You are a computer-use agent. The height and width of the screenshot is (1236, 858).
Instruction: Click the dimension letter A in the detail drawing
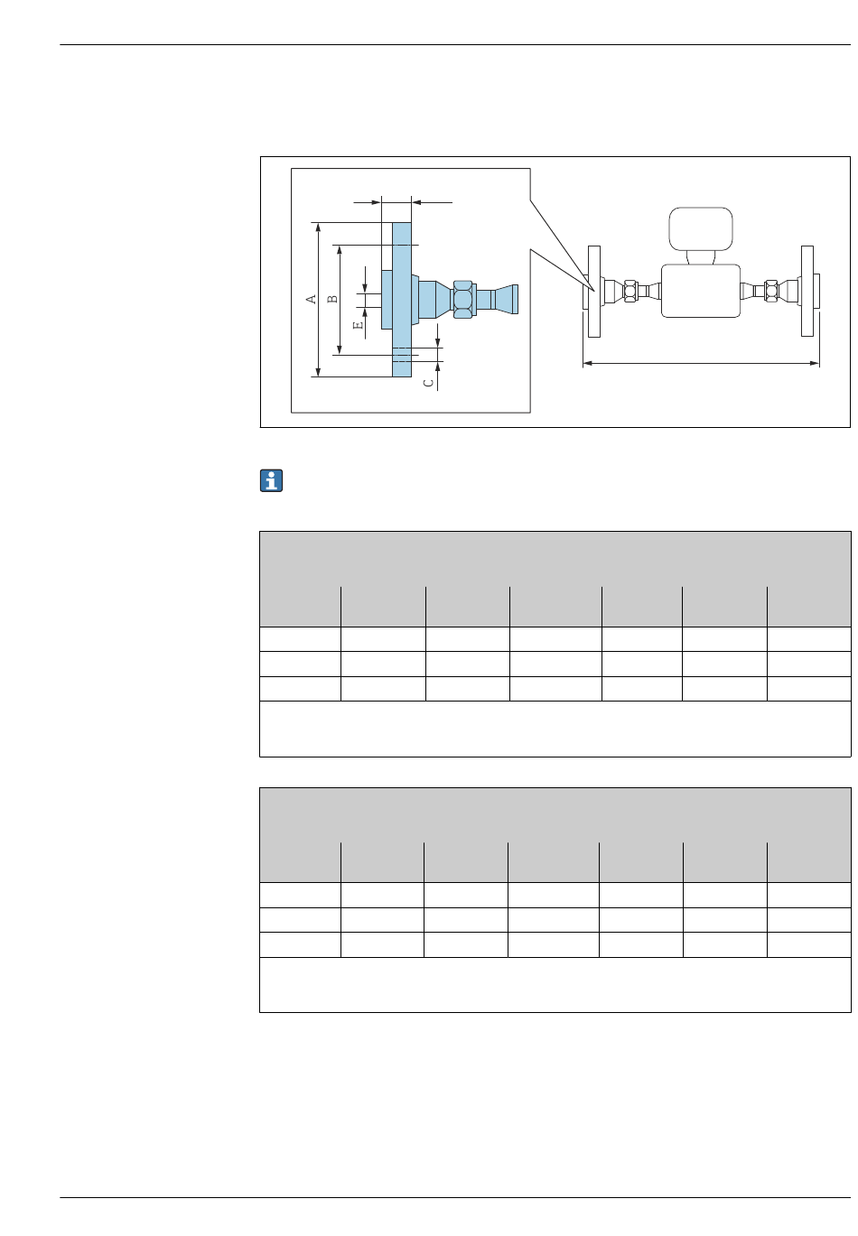[x=312, y=299]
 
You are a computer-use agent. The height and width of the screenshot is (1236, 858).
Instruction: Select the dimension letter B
[x=332, y=299]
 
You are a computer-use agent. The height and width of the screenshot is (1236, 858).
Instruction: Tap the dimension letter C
[x=429, y=382]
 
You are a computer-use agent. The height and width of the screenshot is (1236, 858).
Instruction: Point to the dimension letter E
[x=358, y=324]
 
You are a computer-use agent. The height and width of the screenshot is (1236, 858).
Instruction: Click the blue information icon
[x=271, y=481]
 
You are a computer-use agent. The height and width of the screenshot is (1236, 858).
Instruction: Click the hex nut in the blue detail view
[x=462, y=298]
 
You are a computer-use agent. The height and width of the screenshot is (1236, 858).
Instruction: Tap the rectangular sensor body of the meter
[x=701, y=291]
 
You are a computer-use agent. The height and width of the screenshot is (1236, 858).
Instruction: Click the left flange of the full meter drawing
[x=593, y=292]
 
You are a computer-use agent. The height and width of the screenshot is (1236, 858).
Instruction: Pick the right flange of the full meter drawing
[x=807, y=291]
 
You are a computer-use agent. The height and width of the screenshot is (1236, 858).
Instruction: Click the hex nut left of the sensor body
[x=630, y=291]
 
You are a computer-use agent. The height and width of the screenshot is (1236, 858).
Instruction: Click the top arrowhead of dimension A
[x=318, y=227]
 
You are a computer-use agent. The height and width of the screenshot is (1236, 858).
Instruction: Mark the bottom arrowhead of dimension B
[x=339, y=349]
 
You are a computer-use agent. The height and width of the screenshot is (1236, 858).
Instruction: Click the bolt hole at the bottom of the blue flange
[x=402, y=355]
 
